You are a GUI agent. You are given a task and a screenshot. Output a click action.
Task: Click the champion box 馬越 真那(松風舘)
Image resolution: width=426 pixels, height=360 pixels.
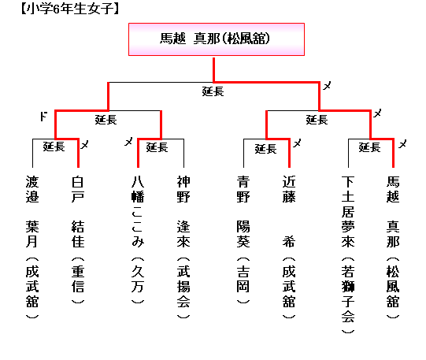[217, 39]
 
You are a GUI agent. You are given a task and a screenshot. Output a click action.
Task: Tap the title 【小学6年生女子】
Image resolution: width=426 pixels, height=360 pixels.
[70, 9]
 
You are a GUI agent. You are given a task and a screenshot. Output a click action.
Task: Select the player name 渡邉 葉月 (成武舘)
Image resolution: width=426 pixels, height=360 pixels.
[32, 247]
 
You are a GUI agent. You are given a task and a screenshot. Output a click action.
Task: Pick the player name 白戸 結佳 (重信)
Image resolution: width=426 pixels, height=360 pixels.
[78, 239]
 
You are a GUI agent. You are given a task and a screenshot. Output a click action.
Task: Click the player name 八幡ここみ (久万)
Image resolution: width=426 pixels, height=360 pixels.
[138, 239]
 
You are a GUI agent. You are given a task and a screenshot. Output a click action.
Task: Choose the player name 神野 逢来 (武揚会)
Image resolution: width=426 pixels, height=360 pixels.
[183, 247]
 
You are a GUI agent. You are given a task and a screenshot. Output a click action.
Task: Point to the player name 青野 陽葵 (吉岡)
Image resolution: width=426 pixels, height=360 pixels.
[243, 239]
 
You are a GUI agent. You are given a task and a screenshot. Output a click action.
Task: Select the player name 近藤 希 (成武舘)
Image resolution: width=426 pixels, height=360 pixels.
[289, 247]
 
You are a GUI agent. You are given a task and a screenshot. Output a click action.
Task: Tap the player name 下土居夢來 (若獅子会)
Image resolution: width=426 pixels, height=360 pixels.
[348, 254]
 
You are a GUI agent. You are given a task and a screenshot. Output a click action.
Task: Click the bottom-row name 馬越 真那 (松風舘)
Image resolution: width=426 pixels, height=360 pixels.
[393, 247]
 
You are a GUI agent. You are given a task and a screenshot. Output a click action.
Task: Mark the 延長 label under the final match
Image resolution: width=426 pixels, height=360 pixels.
[213, 91]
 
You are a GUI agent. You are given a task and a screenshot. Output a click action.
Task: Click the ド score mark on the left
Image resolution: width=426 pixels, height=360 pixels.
[43, 117]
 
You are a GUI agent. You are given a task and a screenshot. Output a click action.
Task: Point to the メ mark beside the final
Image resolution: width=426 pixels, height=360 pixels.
[327, 86]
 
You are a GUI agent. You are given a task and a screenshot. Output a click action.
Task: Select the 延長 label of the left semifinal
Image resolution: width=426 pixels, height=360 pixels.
[106, 120]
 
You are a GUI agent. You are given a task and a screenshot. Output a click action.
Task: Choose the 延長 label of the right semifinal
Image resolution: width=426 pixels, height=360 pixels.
[317, 120]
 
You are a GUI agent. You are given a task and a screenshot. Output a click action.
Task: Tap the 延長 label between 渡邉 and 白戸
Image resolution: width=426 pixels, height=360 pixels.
[54, 147]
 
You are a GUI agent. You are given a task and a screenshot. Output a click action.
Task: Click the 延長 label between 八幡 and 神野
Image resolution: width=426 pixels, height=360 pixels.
[157, 147]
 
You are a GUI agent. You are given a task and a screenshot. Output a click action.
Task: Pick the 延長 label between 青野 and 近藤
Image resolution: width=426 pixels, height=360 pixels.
[265, 149]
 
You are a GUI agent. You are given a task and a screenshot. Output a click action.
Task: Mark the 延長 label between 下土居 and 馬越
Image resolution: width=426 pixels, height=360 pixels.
[369, 147]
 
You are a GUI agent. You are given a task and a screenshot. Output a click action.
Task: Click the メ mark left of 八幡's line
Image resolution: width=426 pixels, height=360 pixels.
[128, 142]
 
